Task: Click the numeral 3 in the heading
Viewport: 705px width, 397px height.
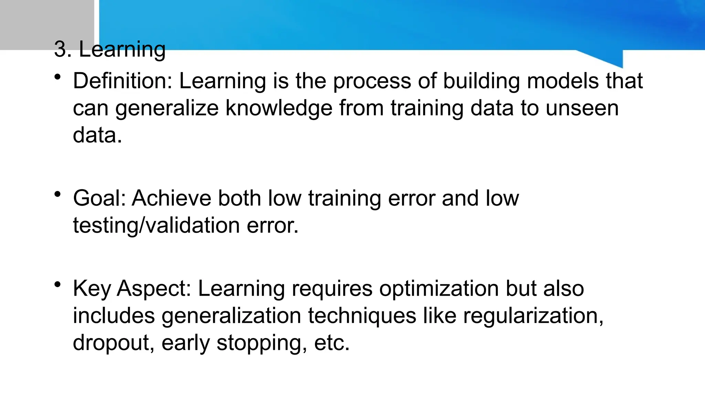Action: tap(61, 49)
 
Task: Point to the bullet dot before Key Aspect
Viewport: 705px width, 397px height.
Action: tap(57, 285)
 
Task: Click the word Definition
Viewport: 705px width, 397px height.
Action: tap(122, 81)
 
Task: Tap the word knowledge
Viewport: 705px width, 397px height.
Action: tap(279, 108)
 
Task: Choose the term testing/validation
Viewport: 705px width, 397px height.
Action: tap(156, 226)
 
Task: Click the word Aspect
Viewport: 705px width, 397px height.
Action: tap(154, 289)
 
